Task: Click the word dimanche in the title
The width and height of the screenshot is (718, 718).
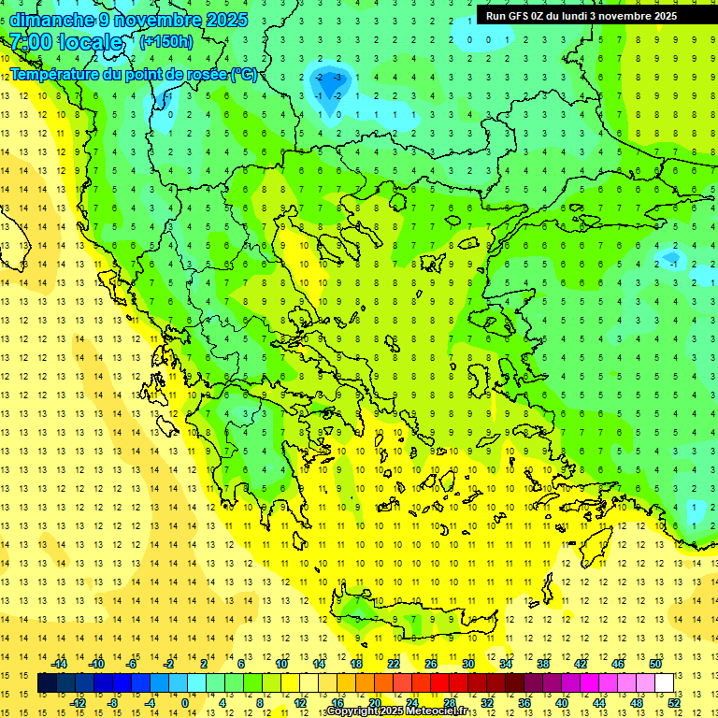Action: (47, 20)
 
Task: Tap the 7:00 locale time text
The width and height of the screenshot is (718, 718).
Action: (65, 42)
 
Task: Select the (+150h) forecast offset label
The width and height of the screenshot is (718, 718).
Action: (166, 41)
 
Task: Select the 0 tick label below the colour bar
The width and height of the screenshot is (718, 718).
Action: (184, 703)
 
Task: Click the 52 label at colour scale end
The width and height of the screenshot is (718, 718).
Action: (674, 703)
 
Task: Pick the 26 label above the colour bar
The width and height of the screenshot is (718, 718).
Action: (431, 664)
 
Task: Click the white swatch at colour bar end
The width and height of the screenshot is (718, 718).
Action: (664, 683)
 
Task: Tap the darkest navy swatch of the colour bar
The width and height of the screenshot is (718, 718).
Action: (47, 683)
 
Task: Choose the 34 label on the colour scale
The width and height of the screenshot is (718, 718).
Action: (506, 664)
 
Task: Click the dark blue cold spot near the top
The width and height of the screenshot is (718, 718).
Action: (334, 86)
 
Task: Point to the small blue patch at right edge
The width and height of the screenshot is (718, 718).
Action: (671, 257)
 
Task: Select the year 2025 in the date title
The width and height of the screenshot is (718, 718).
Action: (228, 20)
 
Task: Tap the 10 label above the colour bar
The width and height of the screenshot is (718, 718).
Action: (281, 664)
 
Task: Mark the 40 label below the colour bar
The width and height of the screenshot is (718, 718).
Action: (562, 703)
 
